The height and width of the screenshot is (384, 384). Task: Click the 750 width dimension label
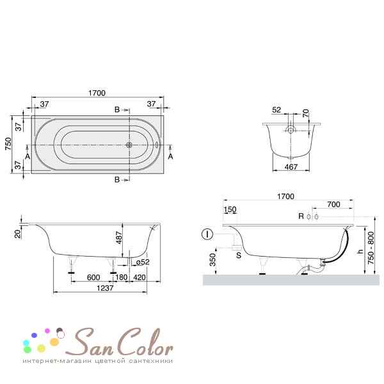pyautogui.click(x=8, y=144)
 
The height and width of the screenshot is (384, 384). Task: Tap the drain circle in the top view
pyautogui.click(x=129, y=145)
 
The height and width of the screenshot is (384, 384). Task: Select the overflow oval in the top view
pyautogui.click(x=157, y=145)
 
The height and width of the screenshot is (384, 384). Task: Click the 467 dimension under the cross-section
pyautogui.click(x=291, y=167)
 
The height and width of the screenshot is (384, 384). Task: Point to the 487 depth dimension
pyautogui.click(x=119, y=237)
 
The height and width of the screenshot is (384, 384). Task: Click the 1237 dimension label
pyautogui.click(x=105, y=288)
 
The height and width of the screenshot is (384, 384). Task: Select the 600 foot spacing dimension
pyautogui.click(x=93, y=278)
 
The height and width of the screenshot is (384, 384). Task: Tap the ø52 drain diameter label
pyautogui.click(x=143, y=262)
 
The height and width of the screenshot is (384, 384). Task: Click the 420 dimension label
pyautogui.click(x=140, y=278)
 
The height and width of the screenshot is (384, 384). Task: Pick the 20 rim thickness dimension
pyautogui.click(x=18, y=234)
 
